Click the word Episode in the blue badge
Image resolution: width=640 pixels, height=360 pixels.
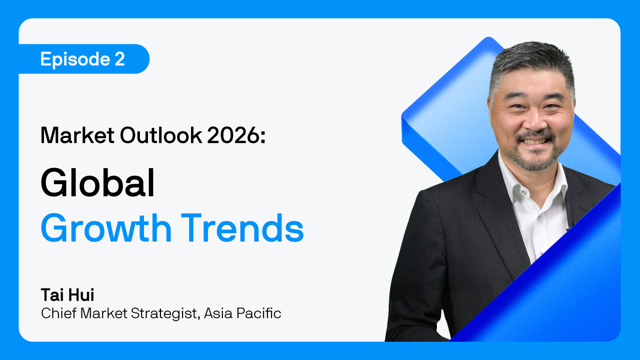click(x=75, y=59)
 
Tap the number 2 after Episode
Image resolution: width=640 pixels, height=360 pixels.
click(x=120, y=59)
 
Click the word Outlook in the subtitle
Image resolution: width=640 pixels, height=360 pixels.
click(x=161, y=135)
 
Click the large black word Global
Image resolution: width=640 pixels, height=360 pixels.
click(x=97, y=183)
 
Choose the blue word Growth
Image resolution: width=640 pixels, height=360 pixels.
click(x=106, y=228)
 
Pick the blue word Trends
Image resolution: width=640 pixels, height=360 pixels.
click(x=242, y=228)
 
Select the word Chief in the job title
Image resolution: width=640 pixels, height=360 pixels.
click(x=58, y=313)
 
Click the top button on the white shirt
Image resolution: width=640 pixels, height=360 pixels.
click(x=523, y=192)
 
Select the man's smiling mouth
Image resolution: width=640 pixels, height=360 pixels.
click(x=535, y=141)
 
